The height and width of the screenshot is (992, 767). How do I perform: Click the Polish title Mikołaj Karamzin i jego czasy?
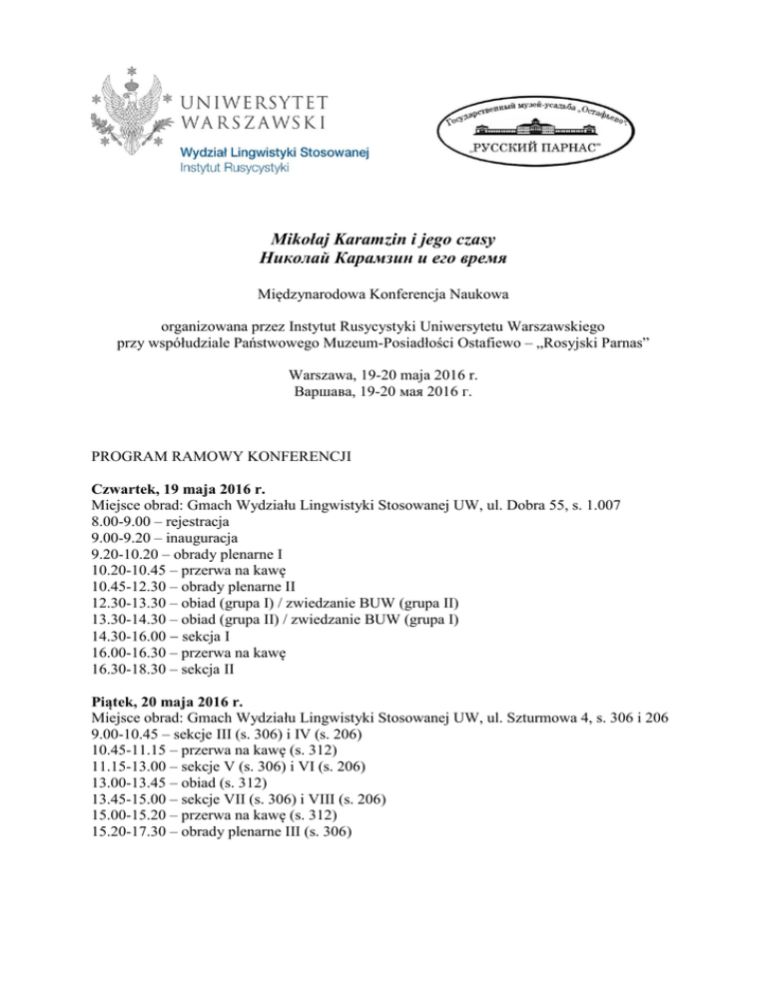pyautogui.click(x=383, y=239)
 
